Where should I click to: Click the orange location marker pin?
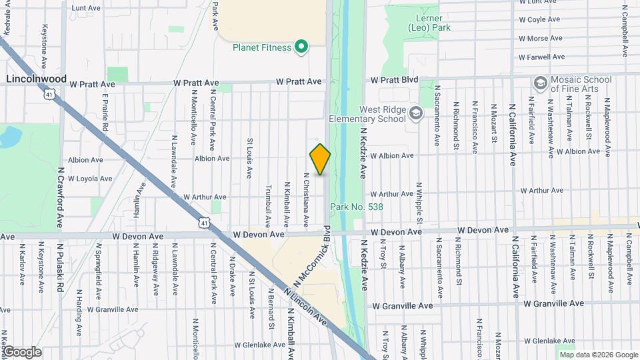(320, 159)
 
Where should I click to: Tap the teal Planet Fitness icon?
(301, 47)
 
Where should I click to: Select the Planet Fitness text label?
(262, 47)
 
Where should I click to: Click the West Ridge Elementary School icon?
(416, 113)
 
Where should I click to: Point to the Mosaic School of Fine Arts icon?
(540, 83)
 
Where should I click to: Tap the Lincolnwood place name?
(37, 79)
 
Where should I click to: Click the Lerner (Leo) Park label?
(430, 23)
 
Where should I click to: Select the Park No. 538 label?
(357, 207)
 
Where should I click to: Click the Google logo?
(21, 352)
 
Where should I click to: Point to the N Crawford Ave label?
(59, 199)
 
